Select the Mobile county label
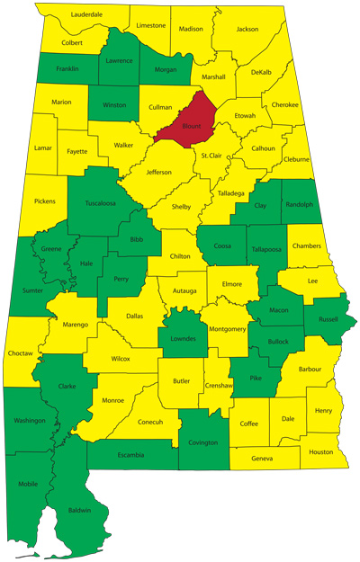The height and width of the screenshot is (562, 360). tap(29, 484)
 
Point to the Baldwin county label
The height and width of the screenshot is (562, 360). tap(81, 510)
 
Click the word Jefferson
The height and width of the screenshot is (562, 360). tap(158, 172)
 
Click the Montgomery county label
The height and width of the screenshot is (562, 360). tap(227, 329)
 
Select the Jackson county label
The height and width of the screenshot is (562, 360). tap(247, 30)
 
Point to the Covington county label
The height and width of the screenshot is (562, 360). tap(204, 442)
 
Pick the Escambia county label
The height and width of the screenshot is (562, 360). tap(130, 455)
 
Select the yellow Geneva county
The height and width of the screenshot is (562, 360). tap(263, 459)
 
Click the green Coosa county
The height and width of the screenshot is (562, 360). tap(223, 245)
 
